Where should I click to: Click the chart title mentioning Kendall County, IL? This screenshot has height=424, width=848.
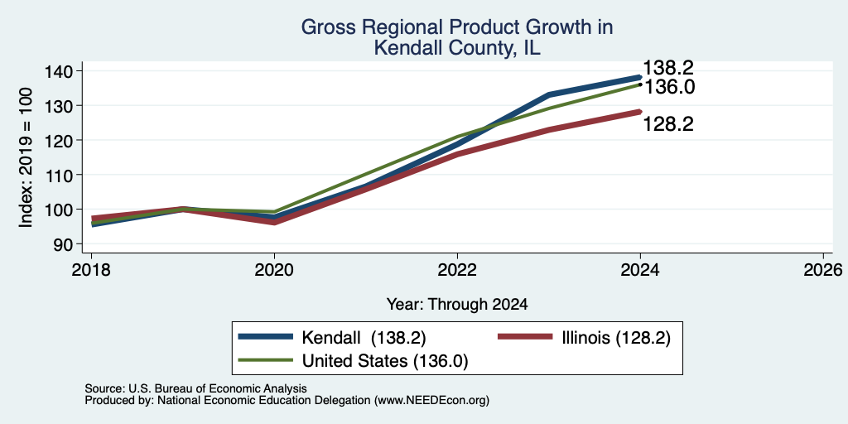[x=457, y=37]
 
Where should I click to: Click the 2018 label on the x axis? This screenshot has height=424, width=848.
[x=91, y=269]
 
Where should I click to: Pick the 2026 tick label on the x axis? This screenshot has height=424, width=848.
[x=823, y=269]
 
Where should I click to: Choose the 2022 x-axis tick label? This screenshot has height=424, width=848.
[x=457, y=269]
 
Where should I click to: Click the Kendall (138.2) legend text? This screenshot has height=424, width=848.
[x=364, y=338]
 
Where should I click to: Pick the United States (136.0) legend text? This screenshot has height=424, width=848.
[x=384, y=361]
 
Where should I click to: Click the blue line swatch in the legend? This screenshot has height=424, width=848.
[x=266, y=337]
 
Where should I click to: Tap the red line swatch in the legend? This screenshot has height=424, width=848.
[x=524, y=337]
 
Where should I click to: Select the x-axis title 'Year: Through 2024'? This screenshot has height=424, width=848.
[x=457, y=305]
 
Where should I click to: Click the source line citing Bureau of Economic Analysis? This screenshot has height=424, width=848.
[x=195, y=388]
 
